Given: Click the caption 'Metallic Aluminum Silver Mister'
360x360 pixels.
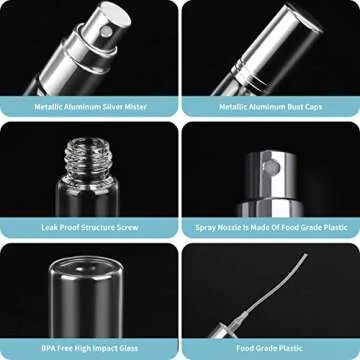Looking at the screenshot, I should [x=89, y=105].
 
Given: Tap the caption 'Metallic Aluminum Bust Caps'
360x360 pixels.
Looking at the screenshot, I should [x=270, y=105].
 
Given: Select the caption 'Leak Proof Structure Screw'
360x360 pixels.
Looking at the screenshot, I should [x=89, y=227].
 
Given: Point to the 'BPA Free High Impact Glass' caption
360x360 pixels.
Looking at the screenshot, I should [x=89, y=348].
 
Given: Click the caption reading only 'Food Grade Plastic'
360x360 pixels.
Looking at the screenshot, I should [x=271, y=348].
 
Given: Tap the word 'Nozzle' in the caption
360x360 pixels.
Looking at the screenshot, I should [x=236, y=227].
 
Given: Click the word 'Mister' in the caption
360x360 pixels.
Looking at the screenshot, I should [x=133, y=105].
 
